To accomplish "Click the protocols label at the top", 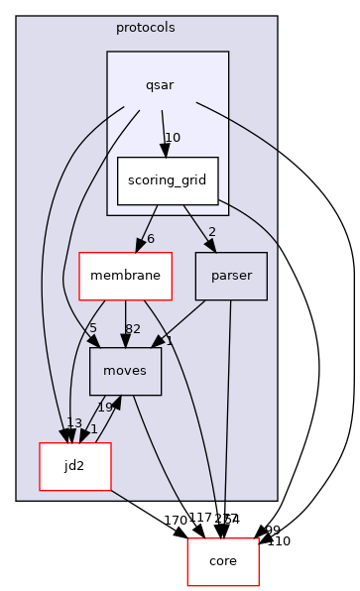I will click(146, 27).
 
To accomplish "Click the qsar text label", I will click(160, 84).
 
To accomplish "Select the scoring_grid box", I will click(167, 181).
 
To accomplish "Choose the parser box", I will click(231, 276).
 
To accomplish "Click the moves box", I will click(125, 371).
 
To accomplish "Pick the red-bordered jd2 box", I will click(74, 465).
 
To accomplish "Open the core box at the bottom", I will click(223, 561).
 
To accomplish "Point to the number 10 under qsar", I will click(172, 138).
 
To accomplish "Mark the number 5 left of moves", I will click(92, 329).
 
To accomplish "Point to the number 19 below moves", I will click(104, 408).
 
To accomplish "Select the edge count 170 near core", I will click(176, 520).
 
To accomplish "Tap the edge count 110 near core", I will click(279, 541).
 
